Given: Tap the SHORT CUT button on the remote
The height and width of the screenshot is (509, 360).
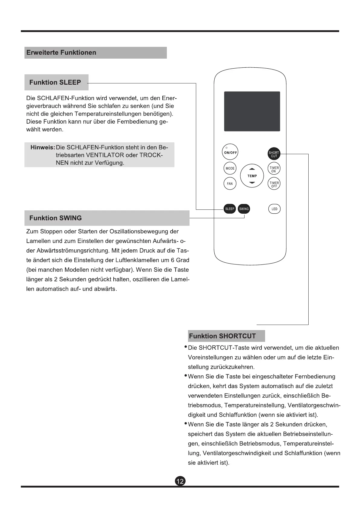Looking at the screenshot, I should click(x=274, y=154).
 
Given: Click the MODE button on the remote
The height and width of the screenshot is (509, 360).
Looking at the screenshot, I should click(x=230, y=168).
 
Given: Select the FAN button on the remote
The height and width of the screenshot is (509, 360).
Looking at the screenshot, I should click(x=230, y=183).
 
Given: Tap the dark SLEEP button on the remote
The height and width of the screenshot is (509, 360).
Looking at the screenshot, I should click(x=230, y=209).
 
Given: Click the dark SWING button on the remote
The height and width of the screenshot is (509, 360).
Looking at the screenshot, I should click(x=244, y=209).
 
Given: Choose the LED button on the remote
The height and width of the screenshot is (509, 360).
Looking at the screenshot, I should click(x=274, y=209).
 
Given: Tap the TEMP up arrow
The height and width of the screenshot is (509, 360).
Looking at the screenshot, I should click(x=252, y=169).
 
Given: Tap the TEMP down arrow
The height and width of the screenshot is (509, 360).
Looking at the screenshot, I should click(x=252, y=183).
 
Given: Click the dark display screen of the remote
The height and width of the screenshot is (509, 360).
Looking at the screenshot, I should click(x=252, y=111).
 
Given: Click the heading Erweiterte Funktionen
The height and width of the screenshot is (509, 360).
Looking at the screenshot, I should click(x=61, y=53).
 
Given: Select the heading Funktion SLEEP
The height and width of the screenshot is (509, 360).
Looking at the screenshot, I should click(x=55, y=83).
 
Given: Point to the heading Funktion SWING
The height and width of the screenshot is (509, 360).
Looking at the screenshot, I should click(x=56, y=218).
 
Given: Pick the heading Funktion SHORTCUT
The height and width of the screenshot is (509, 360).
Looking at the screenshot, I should click(x=222, y=336).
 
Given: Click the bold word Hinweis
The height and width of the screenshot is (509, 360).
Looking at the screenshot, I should click(x=42, y=148).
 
